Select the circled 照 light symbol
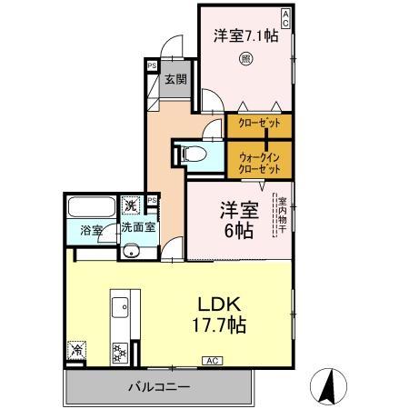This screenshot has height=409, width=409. (x=245, y=60)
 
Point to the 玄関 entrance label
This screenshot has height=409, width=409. (x=175, y=80)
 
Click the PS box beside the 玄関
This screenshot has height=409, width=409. (x=151, y=65)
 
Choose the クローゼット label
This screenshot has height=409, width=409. (x=259, y=124)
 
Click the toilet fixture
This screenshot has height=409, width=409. (x=193, y=155)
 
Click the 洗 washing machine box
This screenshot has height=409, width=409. (x=131, y=205)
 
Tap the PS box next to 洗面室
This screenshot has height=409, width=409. (x=153, y=200)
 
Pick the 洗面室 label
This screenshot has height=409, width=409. (x=139, y=230)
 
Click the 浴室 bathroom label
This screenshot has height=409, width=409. (x=89, y=230)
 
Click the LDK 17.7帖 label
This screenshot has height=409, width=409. (x=220, y=314)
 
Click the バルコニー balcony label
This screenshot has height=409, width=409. (x=160, y=387)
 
